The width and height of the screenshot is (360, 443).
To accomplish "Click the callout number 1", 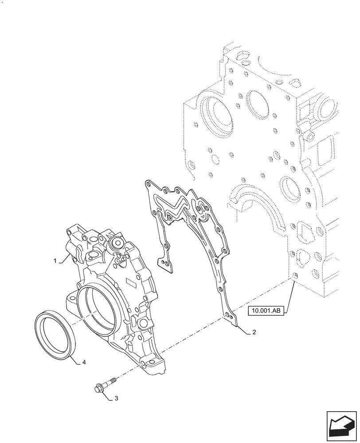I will coord(55,261).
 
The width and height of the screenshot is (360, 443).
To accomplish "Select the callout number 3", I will coord(116,398).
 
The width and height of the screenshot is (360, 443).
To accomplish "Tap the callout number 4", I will coord(84,362).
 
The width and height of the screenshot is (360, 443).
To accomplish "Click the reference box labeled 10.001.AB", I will coord(265,311).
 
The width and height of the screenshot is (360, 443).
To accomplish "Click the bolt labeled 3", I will coord(105,384).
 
